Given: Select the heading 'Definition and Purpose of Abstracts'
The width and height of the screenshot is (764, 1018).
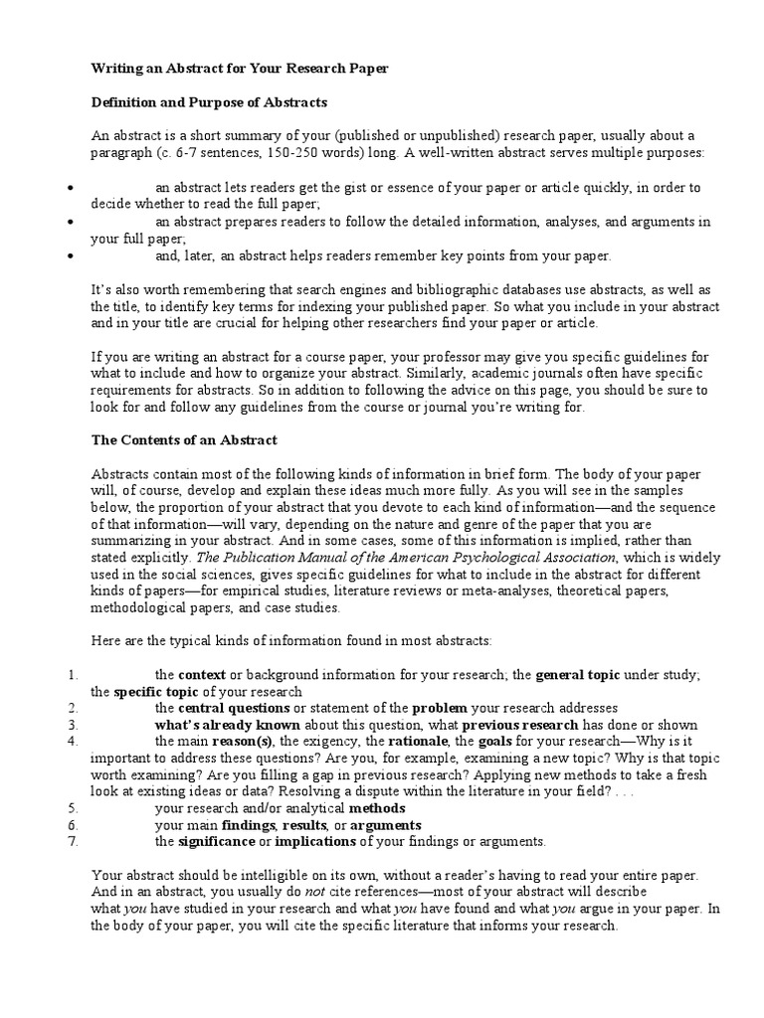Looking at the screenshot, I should (x=209, y=102).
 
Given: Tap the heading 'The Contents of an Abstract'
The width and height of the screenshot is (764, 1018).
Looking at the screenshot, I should (x=184, y=438).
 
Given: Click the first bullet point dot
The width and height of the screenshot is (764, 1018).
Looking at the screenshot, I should (x=71, y=188).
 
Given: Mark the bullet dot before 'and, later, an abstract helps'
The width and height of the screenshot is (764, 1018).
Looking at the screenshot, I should (x=71, y=255).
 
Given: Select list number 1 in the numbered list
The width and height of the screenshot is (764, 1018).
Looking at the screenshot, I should (x=72, y=675).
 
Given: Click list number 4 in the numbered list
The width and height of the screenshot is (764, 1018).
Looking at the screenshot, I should (x=72, y=742).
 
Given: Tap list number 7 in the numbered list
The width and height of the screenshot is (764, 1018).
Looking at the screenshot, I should (x=72, y=841).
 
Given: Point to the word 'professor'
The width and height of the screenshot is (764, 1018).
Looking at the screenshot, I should (x=463, y=356).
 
